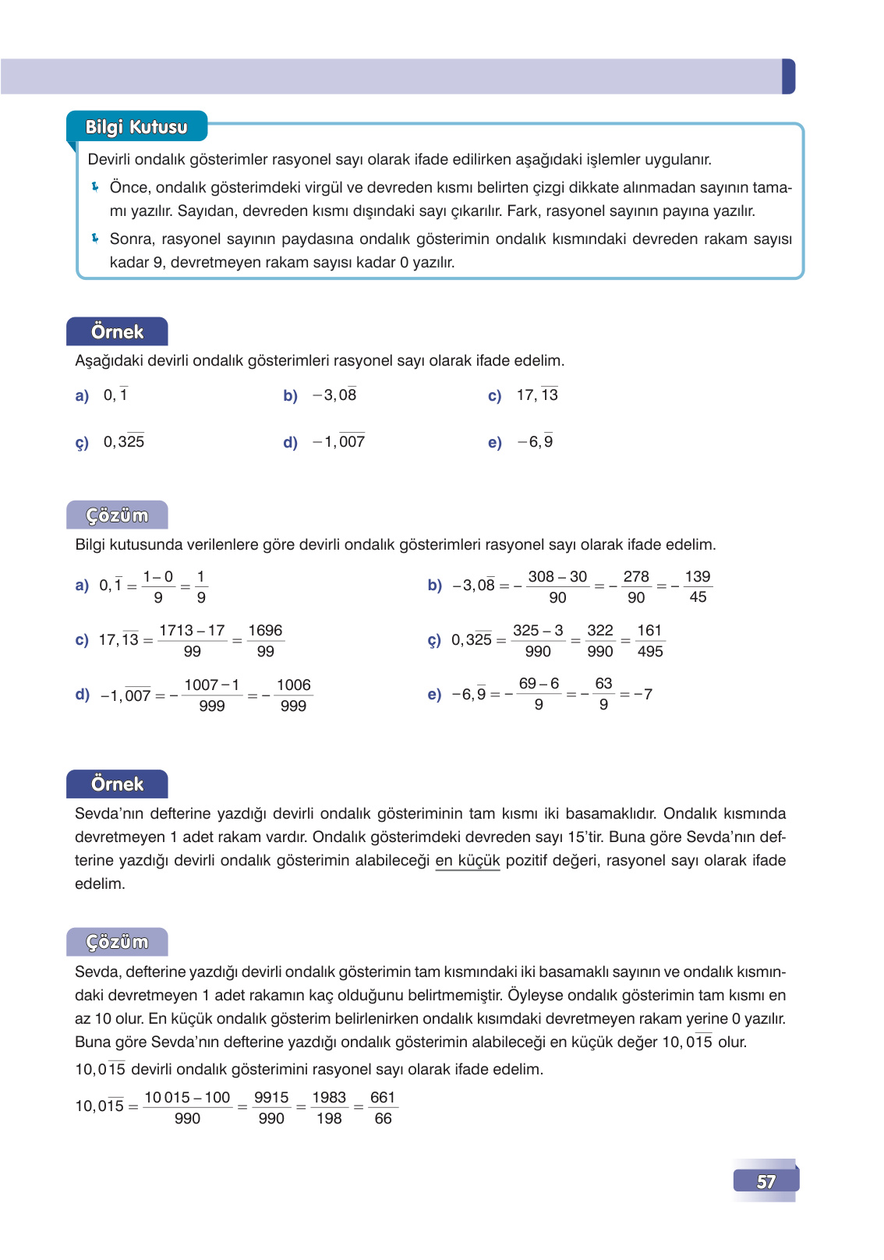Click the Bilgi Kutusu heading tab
click(136, 127)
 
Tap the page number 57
click(766, 1181)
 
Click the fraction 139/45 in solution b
click(698, 586)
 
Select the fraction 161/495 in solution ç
click(649, 640)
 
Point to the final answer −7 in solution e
click(643, 694)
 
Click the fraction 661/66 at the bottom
click(383, 1107)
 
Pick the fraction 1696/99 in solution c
click(265, 640)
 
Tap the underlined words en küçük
click(467, 860)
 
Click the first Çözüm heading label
click(117, 515)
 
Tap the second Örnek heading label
click(117, 784)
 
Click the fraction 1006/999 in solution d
click(293, 695)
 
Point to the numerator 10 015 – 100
click(187, 1097)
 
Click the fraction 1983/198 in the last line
click(329, 1107)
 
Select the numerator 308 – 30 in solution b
click(557, 577)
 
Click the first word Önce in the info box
click(129, 187)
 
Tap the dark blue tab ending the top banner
click(788, 76)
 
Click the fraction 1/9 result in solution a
click(201, 586)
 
